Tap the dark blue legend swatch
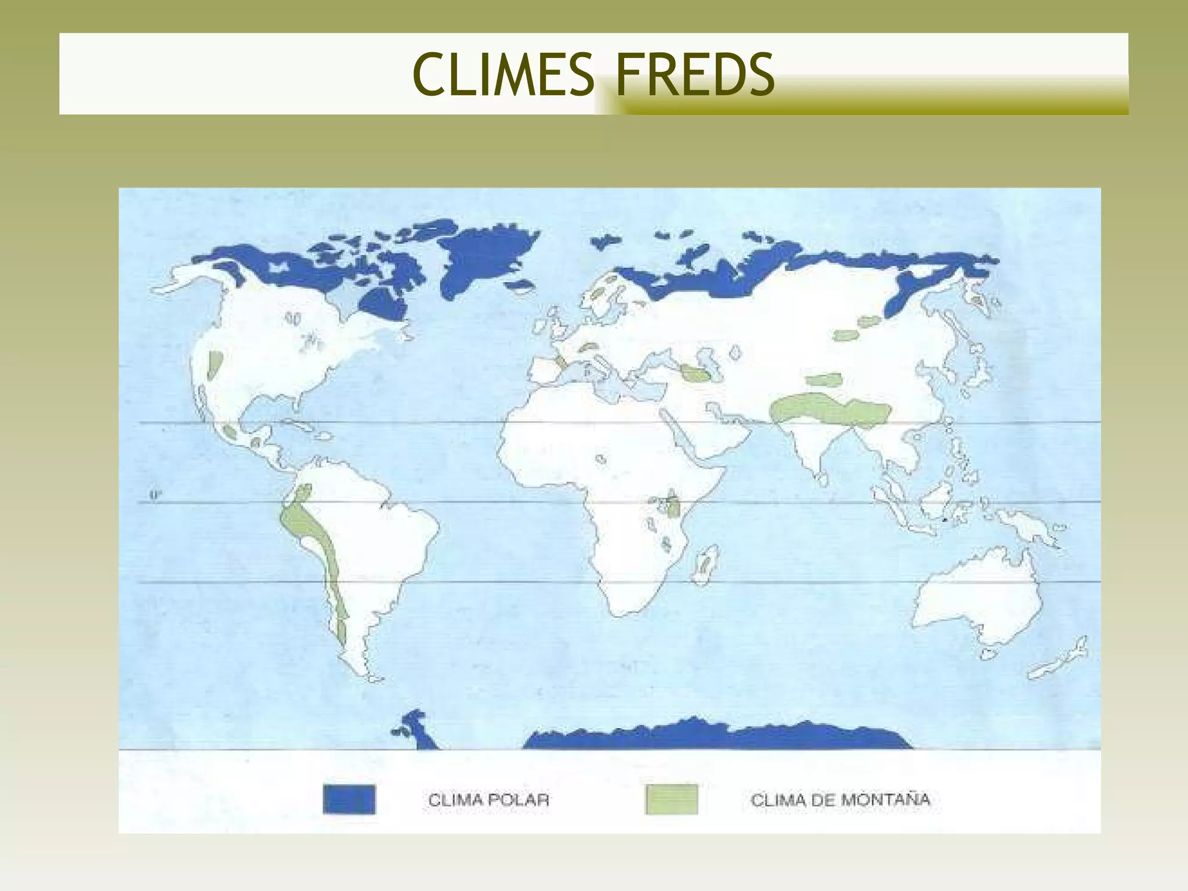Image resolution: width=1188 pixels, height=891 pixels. [x=349, y=799]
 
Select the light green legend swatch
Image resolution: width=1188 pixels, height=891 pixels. [x=671, y=799]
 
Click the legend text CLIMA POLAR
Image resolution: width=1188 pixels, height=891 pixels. [x=488, y=800]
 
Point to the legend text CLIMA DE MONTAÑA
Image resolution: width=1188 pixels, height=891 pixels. [x=840, y=800]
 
